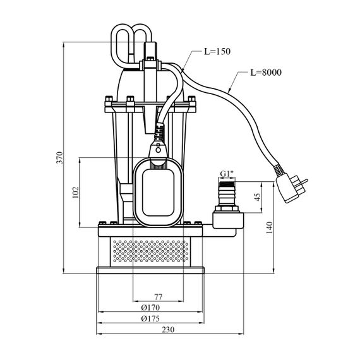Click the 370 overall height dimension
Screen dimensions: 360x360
[x=59, y=157]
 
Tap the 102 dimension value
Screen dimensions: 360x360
[x=75, y=192]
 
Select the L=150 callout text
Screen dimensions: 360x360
[x=217, y=51]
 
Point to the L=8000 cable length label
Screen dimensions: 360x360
[x=266, y=73]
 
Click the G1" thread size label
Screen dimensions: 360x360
[x=227, y=174]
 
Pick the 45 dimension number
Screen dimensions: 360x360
[x=258, y=197]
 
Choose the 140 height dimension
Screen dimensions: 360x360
[x=269, y=227]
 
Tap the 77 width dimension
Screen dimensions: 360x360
[x=158, y=297]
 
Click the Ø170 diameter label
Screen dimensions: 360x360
[x=150, y=308]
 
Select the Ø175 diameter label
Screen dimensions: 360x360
[x=150, y=318]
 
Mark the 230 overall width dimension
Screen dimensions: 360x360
[x=168, y=330]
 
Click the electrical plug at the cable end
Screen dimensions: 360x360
[x=291, y=187]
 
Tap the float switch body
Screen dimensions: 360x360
[x=158, y=193]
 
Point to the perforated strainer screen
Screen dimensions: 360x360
[x=150, y=251]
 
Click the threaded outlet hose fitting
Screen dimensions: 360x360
[x=227, y=193]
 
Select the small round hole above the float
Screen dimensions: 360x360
[x=158, y=150]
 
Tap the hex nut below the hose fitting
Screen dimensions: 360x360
[x=227, y=208]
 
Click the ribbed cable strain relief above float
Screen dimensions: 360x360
[x=159, y=132]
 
